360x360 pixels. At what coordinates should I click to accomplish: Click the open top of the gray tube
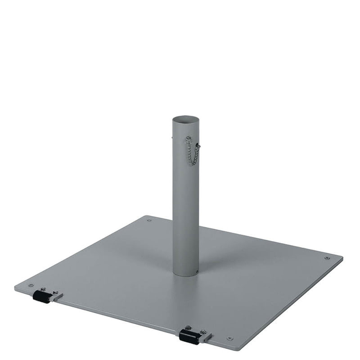185,120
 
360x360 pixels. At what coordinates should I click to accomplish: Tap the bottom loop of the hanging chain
193,163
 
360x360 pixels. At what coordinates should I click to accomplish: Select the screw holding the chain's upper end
189,139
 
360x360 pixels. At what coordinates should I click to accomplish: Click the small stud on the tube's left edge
172,138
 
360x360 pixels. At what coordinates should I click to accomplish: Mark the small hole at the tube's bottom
197,271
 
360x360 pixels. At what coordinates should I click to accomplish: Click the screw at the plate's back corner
149,220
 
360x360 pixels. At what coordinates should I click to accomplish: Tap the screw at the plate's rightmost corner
327,258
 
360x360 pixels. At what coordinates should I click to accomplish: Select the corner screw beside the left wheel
31,285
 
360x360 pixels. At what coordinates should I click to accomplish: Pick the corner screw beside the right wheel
230,338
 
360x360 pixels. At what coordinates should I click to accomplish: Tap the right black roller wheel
189,337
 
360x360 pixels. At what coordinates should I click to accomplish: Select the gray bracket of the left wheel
56,296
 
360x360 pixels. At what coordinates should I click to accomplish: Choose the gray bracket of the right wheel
205,336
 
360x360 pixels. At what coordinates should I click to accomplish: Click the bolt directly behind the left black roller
43,289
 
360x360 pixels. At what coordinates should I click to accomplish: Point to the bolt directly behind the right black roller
188,328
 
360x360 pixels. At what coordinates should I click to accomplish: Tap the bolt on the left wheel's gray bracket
55,292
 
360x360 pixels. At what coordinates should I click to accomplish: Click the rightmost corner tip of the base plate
342,259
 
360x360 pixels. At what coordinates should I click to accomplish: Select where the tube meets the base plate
185,273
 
